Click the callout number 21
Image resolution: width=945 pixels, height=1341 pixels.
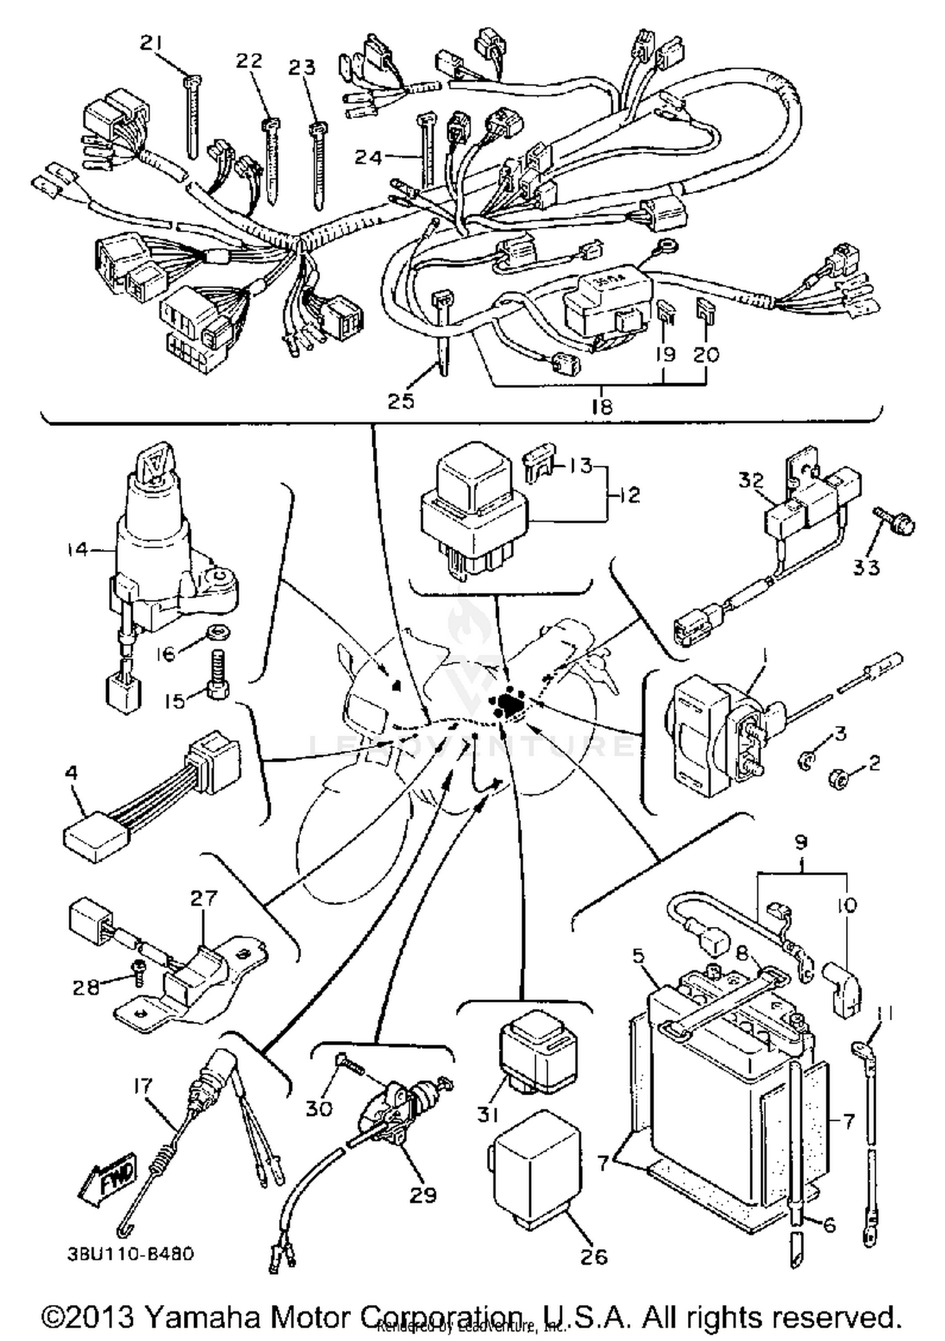click(151, 43)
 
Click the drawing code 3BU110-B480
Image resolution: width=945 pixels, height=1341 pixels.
click(130, 1253)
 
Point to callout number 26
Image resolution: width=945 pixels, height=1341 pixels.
click(593, 1257)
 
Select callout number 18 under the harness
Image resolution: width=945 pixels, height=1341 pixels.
click(602, 406)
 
